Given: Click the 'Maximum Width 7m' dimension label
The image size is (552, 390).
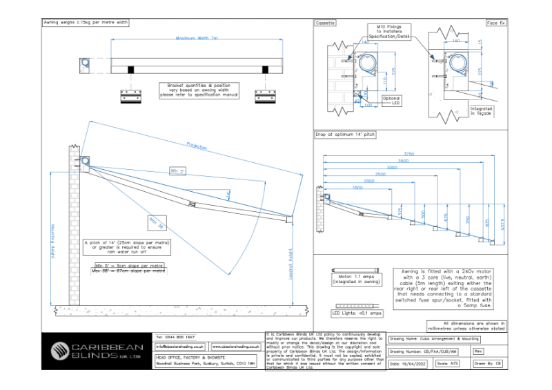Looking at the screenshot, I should tap(197, 39).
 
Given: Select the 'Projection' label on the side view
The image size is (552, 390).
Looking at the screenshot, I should tap(197, 146).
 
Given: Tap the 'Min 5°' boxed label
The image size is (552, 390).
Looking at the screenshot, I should tap(178, 170).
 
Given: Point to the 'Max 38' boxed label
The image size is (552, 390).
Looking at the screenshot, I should tap(155, 222).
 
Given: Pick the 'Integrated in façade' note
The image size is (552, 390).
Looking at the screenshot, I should tap(481, 110).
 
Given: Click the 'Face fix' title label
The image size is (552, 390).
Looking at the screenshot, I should tap(495, 23).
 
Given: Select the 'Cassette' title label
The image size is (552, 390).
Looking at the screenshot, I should tap(326, 23).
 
